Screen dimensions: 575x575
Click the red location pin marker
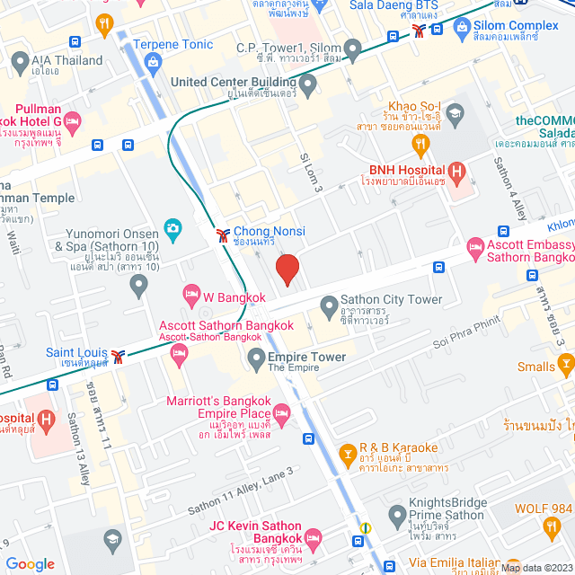(x=287, y=270)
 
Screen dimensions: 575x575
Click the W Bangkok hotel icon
(x=190, y=293)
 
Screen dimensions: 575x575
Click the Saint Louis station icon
(x=118, y=357)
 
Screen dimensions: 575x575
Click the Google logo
(x=31, y=563)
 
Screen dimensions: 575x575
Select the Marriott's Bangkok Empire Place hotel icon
(x=281, y=413)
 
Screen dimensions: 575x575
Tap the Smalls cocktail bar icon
(x=565, y=363)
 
